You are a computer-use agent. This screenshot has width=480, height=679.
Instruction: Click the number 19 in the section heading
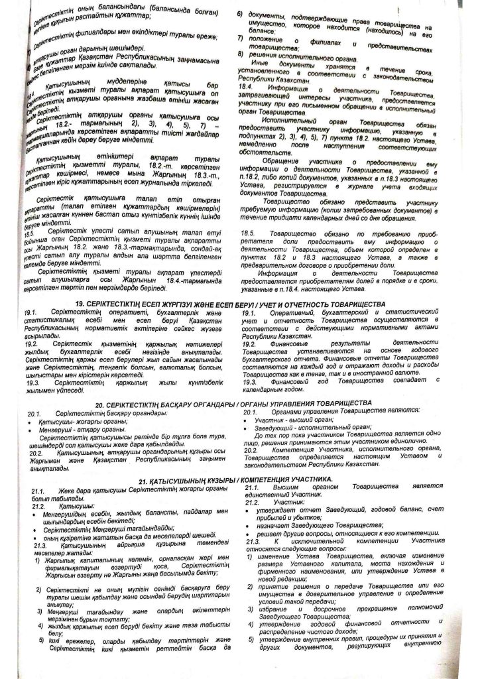pyautogui.click(x=80, y=303)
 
